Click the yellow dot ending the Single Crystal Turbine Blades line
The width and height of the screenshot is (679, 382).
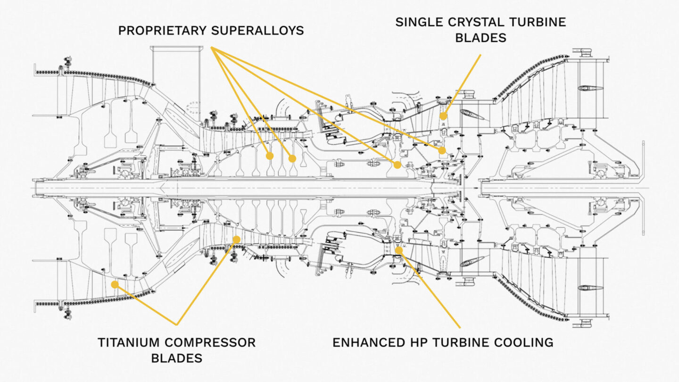443,116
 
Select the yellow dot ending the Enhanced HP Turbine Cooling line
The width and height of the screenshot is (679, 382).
399,250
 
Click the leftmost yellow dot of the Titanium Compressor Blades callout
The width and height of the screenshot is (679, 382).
114,284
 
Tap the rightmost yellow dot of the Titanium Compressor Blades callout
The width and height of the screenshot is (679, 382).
236,240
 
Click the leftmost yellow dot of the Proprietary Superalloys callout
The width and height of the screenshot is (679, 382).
270,156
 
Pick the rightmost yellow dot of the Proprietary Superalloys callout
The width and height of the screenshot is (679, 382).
442,150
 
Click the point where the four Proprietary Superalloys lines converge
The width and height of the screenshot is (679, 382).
212,47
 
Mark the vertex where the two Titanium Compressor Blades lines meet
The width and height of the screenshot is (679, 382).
176,324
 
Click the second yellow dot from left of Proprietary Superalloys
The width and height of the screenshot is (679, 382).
292,158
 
